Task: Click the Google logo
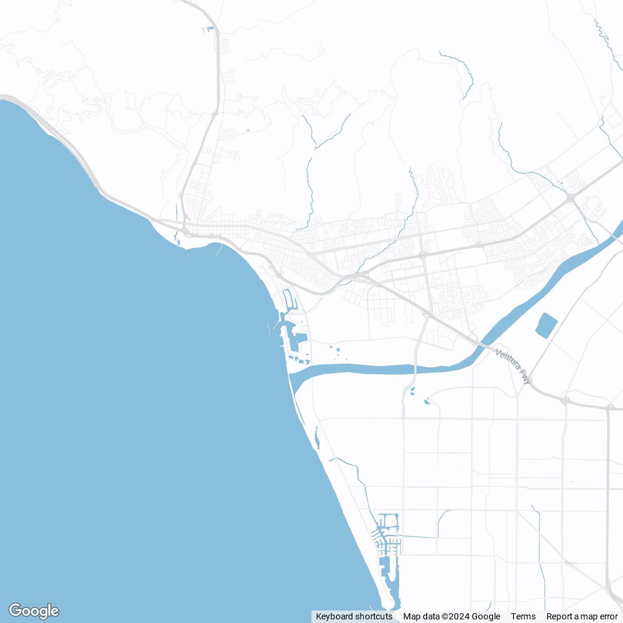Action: click(34, 611)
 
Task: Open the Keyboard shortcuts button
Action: click(354, 616)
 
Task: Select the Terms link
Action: click(523, 616)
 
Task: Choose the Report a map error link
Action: click(582, 616)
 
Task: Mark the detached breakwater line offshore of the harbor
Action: click(269, 328)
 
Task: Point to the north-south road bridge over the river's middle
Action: click(415, 369)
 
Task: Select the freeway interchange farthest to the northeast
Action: click(570, 198)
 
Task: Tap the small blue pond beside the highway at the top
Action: click(208, 29)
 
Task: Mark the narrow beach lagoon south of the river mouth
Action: click(317, 438)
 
